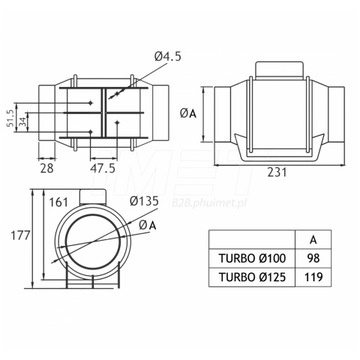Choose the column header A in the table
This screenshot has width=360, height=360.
315,239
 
